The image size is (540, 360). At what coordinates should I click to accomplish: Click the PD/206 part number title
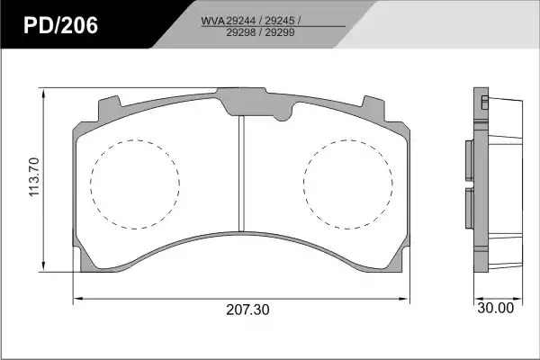pyautogui.click(x=60, y=25)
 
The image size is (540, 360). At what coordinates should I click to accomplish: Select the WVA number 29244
pyautogui.click(x=240, y=21)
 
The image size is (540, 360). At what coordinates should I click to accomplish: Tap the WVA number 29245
pyautogui.click(x=280, y=21)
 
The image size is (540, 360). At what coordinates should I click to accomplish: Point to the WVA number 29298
pyautogui.click(x=240, y=32)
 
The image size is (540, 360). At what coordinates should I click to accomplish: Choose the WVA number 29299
pyautogui.click(x=280, y=32)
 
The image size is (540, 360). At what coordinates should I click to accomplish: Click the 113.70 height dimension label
pyautogui.click(x=34, y=177)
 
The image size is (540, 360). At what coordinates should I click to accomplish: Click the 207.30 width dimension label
pyautogui.click(x=247, y=310)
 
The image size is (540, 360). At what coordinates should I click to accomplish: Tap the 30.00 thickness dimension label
pyautogui.click(x=496, y=308)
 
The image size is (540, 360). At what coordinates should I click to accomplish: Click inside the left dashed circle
pyautogui.click(x=135, y=184)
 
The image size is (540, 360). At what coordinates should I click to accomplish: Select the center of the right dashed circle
pyautogui.click(x=347, y=184)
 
